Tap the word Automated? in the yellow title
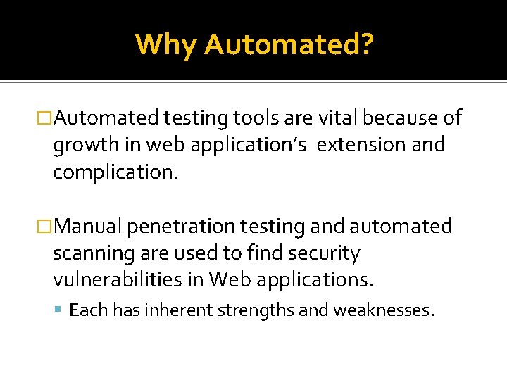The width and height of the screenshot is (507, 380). [289, 44]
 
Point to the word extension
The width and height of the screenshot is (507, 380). [360, 145]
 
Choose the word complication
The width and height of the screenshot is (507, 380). [116, 172]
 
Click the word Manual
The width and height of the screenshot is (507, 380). [87, 226]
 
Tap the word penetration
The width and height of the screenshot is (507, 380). [182, 226]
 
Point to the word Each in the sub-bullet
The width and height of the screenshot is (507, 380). [87, 310]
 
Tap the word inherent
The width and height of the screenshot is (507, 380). [172, 310]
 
